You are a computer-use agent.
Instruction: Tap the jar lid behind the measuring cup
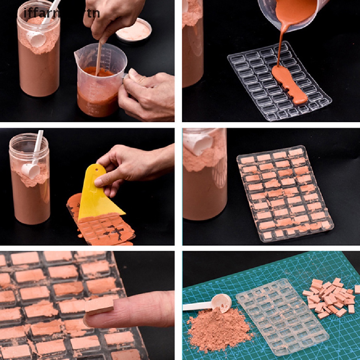pos(134,30)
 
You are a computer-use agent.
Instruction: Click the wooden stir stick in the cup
pos(99,56)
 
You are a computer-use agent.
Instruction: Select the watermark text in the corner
pos(62,13)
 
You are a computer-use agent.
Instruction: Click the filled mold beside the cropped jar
pos(285,193)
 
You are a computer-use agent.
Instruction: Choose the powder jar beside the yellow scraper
pos(30,179)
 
